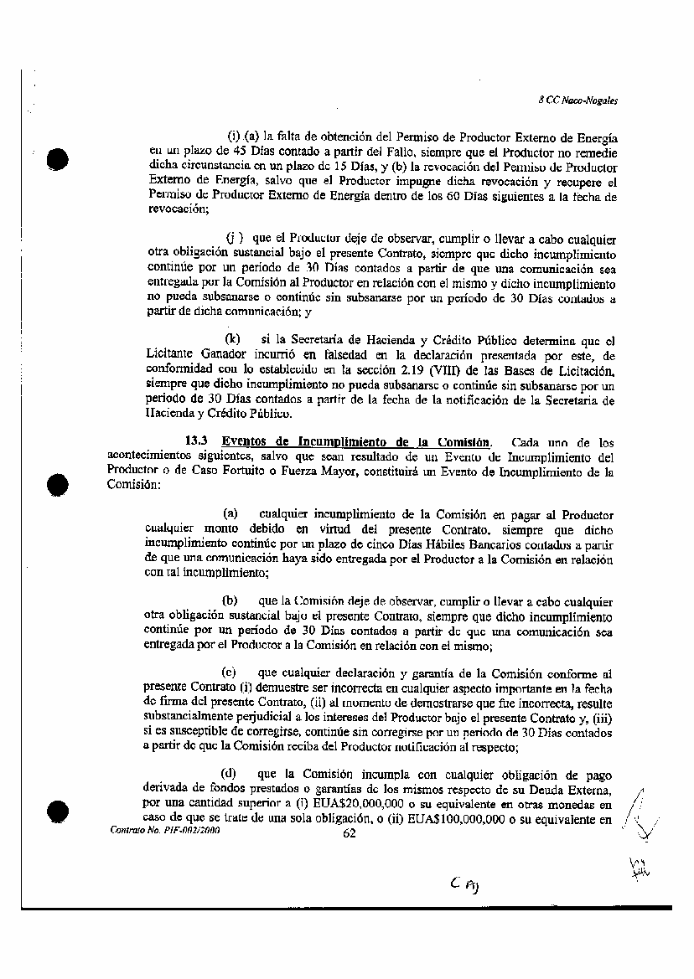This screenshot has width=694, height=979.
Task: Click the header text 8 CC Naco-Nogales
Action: [577, 99]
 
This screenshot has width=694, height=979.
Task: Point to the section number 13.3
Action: [198, 442]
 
